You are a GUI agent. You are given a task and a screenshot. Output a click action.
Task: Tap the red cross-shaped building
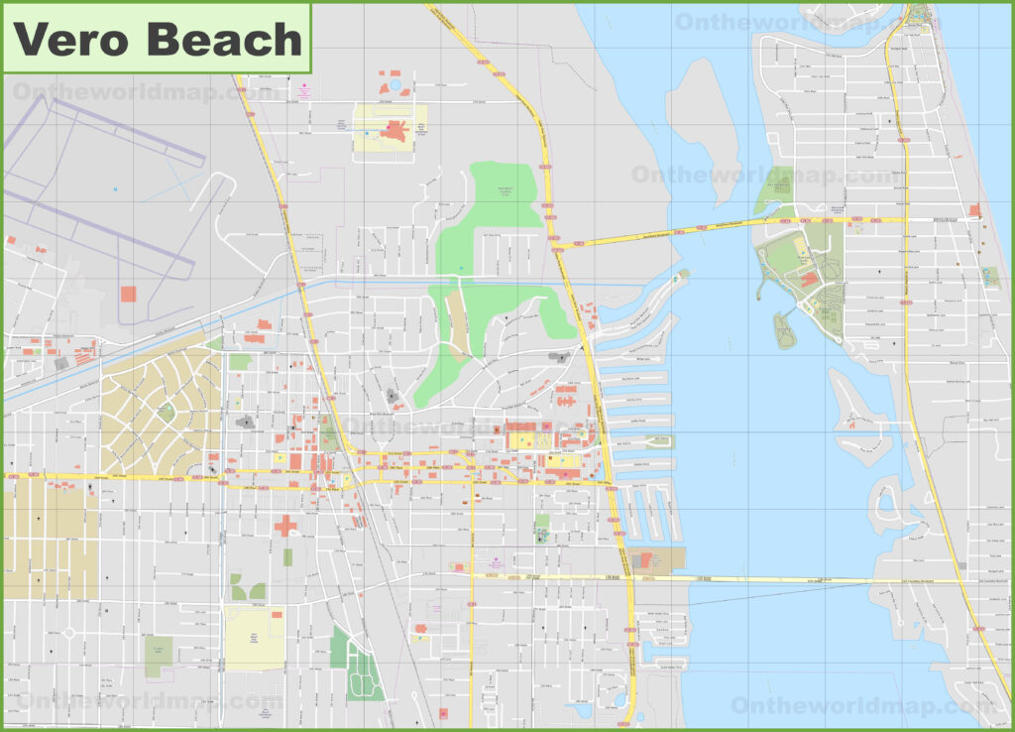coord(285,525)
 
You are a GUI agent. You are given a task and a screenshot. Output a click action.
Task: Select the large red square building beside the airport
coord(128,294)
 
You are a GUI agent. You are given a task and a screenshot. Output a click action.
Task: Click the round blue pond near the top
coord(395,86)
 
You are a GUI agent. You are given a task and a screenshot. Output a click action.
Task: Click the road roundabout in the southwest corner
coord(69,632)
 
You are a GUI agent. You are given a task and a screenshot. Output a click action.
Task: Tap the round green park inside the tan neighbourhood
coord(167,411)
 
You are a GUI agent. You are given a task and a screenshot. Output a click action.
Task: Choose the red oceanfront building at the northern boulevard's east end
coord(975,210)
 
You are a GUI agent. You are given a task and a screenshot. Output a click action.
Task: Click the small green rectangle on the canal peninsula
coord(658,441)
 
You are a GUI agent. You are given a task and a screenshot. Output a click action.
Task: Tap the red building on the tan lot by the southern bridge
coord(645,560)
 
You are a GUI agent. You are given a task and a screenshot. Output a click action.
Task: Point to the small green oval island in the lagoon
coord(785,330)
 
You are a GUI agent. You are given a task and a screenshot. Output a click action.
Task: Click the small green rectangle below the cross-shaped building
coord(287,557)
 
